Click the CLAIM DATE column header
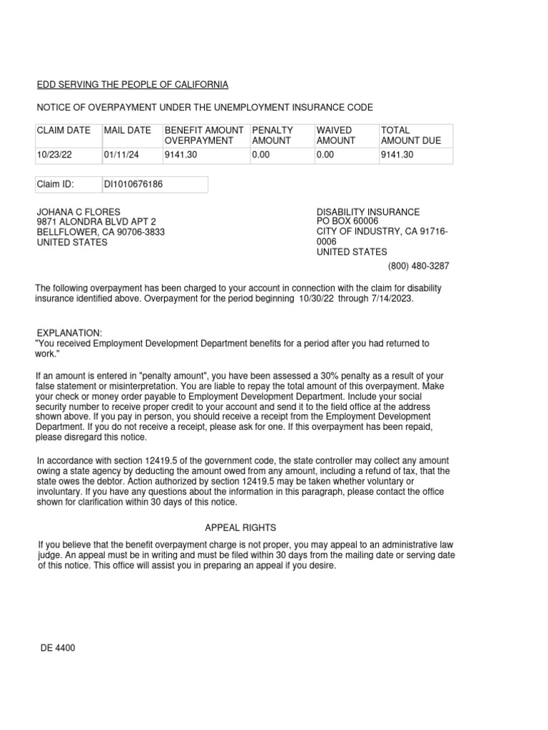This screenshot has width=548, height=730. point(64,130)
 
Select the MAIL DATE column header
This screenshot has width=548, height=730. point(127,130)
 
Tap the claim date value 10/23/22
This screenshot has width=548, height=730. point(53,154)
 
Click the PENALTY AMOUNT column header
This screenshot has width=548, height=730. point(273,135)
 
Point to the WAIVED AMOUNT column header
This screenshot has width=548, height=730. point(335,135)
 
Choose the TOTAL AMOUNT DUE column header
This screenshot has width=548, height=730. point(411,135)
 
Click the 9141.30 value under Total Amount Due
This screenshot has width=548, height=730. point(397,154)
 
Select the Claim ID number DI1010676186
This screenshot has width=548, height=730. point(133,185)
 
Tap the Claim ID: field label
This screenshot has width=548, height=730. point(56,185)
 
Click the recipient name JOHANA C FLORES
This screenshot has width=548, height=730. point(79,212)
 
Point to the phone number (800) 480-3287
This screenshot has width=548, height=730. point(419,266)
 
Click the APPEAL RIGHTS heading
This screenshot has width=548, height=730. point(240,528)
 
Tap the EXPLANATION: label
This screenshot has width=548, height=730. point(69,333)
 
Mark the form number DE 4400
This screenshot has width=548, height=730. point(58,648)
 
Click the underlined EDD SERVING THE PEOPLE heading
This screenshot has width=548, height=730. point(133,85)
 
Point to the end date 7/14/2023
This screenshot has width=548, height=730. point(389,298)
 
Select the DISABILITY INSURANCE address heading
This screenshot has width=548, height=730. point(368,212)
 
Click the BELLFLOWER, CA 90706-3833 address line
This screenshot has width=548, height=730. point(101,232)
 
